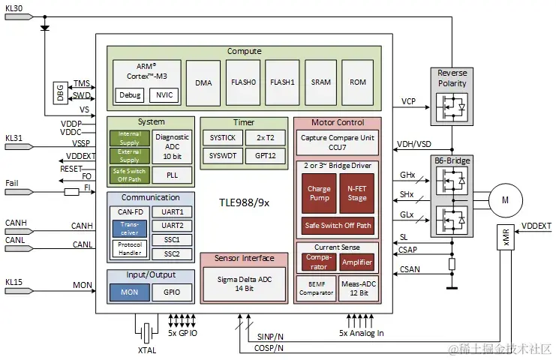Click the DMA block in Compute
click(203, 82)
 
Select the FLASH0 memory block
click(242, 82)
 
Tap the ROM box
click(358, 82)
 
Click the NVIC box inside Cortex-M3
click(161, 95)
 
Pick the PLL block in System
click(172, 175)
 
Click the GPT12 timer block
click(265, 156)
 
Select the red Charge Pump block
click(319, 194)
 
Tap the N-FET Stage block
click(357, 194)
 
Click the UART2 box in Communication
click(172, 226)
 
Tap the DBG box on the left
click(59, 92)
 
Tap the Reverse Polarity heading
click(452, 78)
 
